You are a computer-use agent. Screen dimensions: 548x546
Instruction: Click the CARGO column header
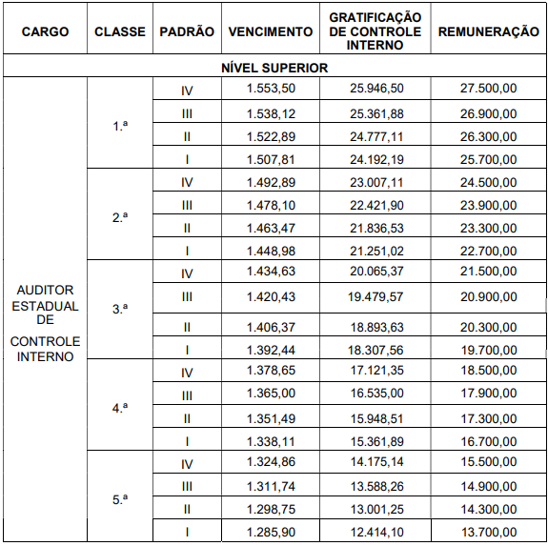45,31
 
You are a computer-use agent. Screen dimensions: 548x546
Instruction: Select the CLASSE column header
120,31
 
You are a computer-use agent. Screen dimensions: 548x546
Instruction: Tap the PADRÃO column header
187,31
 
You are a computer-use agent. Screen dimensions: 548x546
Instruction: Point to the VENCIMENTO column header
271,31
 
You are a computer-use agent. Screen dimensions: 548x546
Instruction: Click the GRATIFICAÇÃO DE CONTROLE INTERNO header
375,31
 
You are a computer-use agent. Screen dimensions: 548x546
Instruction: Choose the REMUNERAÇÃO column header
488,31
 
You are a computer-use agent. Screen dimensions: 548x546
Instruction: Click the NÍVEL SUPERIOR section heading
274,68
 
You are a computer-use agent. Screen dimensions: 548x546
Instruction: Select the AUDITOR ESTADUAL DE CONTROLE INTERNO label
45,323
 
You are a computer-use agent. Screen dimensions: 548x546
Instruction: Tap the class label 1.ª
120,125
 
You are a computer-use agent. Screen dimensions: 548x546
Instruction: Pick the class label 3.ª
120,309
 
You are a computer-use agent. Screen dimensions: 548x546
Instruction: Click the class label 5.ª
120,497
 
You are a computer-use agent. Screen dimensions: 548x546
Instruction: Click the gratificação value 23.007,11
375,182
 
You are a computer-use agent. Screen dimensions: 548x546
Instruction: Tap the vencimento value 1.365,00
272,394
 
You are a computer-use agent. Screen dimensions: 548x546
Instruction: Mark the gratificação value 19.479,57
375,296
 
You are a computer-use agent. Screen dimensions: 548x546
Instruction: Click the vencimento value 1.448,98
272,251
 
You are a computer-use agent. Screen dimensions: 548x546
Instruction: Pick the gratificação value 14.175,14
375,464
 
